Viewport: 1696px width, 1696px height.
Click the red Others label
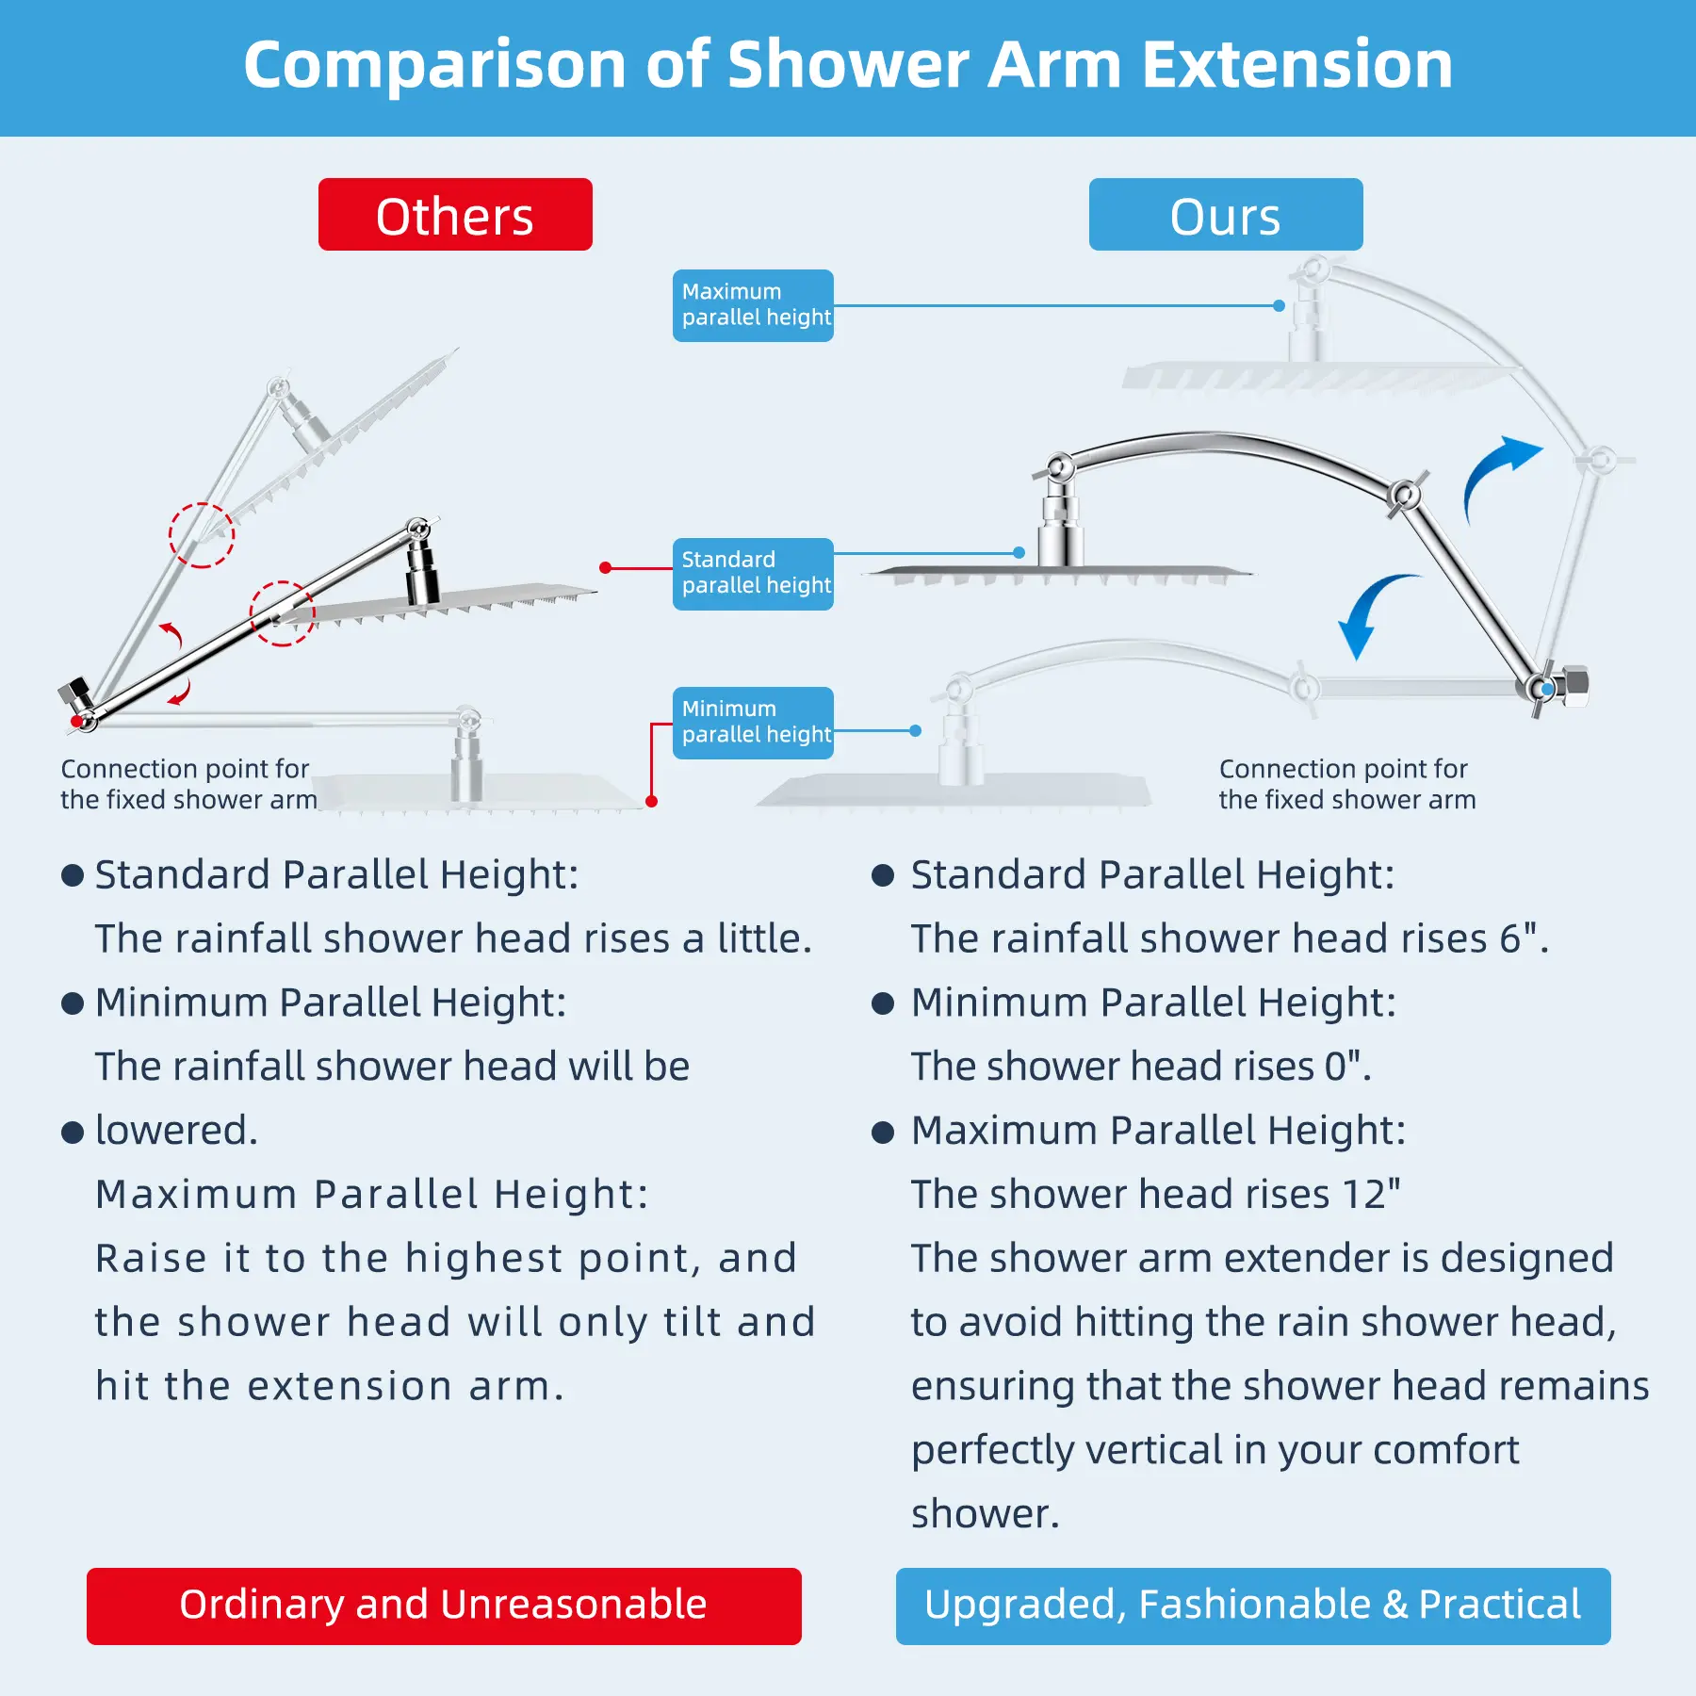[x=455, y=215]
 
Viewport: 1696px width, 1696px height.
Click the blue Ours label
[x=1226, y=215]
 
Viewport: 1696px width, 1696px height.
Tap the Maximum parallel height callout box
[x=753, y=305]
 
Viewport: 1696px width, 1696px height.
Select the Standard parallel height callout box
[x=753, y=574]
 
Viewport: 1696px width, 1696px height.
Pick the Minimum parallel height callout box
[x=753, y=723]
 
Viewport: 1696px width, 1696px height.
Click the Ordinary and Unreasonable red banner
[x=444, y=1606]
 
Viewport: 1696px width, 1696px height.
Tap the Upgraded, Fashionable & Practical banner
[x=1253, y=1606]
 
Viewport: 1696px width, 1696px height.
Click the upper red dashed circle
[x=202, y=535]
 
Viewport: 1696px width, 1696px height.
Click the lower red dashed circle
[x=283, y=613]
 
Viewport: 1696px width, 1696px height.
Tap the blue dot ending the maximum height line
[x=1279, y=305]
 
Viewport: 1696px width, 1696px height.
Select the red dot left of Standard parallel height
[x=605, y=567]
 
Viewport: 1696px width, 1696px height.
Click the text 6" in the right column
[x=1524, y=938]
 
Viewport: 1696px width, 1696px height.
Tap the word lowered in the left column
[x=176, y=1130]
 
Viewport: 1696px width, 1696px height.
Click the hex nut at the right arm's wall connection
[x=1574, y=685]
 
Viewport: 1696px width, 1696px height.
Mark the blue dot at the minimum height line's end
[x=915, y=730]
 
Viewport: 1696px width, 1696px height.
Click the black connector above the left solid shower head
[x=421, y=573]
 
